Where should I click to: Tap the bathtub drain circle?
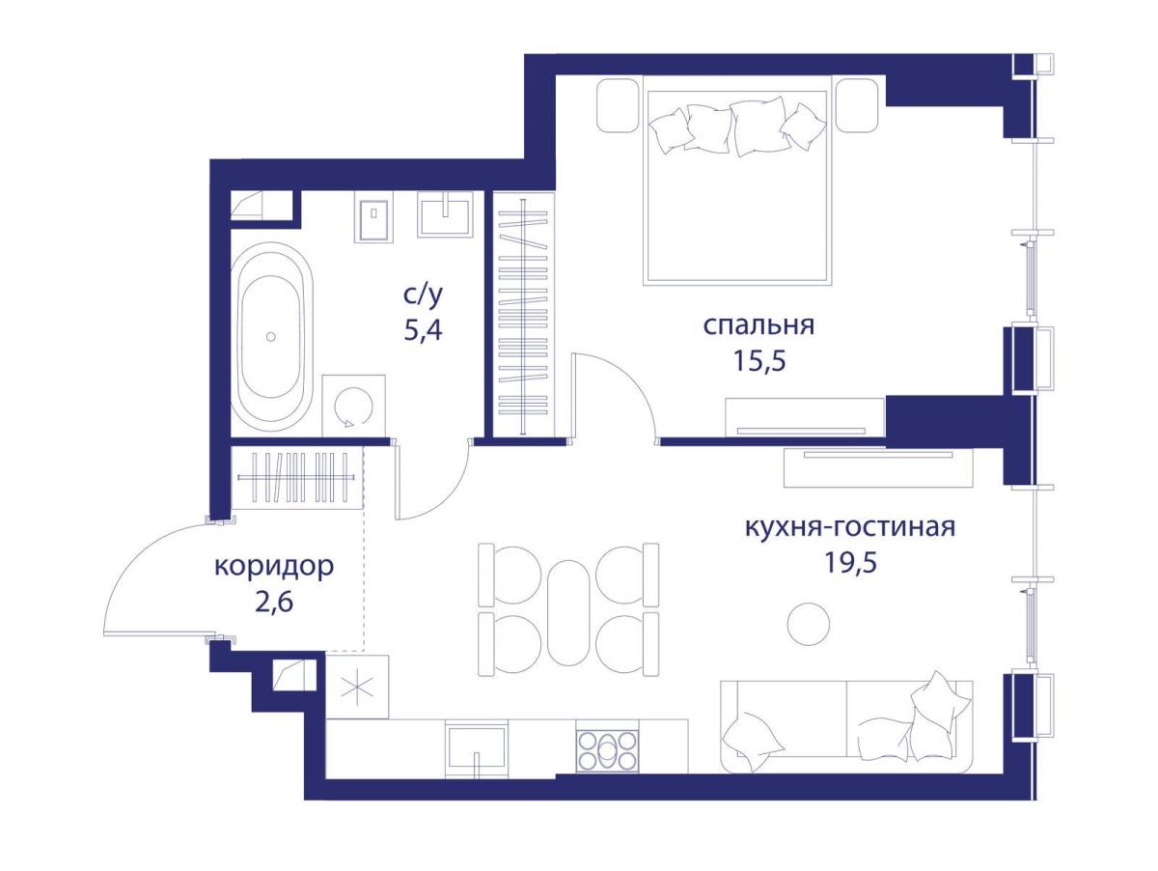click(x=271, y=336)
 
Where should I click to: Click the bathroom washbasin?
click(x=445, y=214)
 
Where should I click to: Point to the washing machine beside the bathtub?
click(x=353, y=406)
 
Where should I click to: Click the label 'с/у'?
click(x=423, y=297)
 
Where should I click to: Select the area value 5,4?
click(x=423, y=331)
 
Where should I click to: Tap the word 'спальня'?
click(x=759, y=326)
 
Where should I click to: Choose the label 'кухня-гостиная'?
click(x=850, y=527)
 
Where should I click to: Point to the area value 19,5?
click(x=850, y=563)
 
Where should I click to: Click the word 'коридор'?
click(x=274, y=568)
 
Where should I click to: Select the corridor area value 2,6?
click(x=274, y=602)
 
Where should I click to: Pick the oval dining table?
click(x=567, y=612)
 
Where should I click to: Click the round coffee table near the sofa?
click(x=809, y=624)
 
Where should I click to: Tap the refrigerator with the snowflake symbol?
click(x=357, y=687)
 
